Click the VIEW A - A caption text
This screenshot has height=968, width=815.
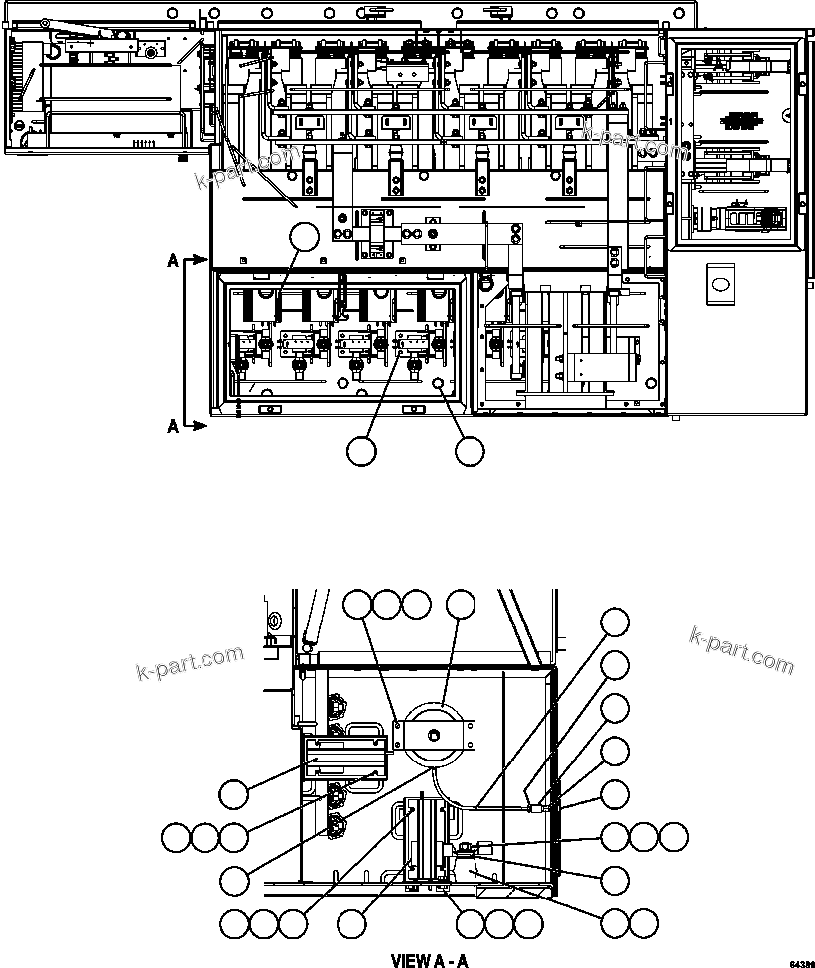[x=428, y=960]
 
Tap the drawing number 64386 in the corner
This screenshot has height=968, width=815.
[x=801, y=963]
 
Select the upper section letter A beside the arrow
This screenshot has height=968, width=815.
[x=173, y=261]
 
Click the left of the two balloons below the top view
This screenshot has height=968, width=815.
[x=362, y=451]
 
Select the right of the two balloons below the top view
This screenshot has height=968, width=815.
[x=470, y=451]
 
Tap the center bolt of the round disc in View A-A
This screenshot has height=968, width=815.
[x=434, y=734]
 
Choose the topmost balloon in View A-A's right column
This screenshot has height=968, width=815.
[x=615, y=622]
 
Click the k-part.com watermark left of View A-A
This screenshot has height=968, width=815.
[x=189, y=667]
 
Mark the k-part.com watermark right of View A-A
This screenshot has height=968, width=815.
[x=742, y=649]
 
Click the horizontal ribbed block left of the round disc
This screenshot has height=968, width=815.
[x=343, y=758]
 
